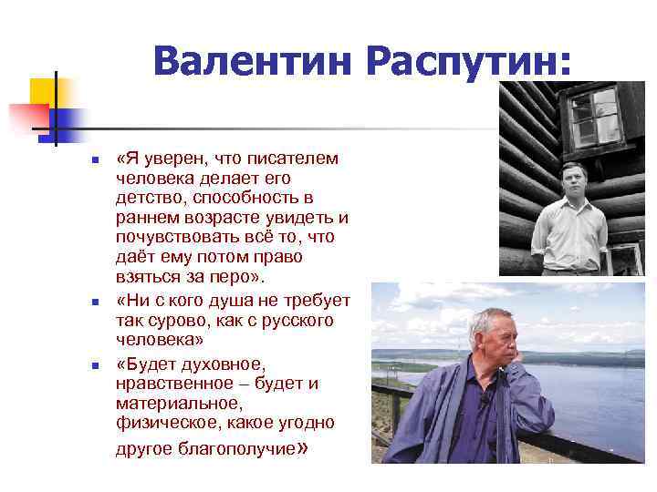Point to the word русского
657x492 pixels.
292,321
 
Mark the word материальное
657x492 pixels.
179,404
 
